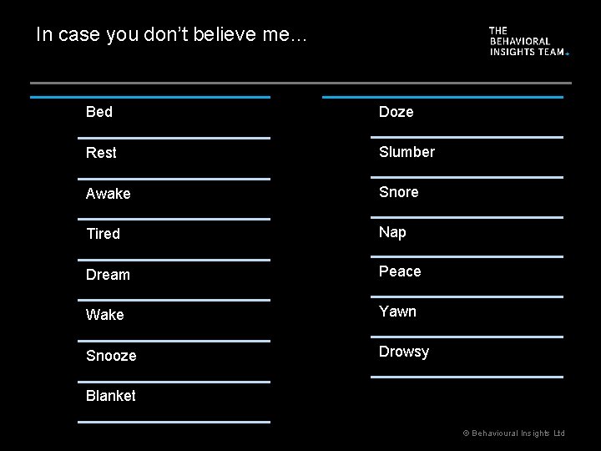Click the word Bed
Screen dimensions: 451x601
(x=99, y=112)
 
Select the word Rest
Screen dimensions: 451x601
(x=101, y=153)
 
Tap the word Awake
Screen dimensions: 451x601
(x=109, y=194)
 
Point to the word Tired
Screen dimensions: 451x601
(x=104, y=234)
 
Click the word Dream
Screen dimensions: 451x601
(x=109, y=275)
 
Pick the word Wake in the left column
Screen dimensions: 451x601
(x=105, y=315)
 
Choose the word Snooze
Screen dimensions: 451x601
(x=111, y=356)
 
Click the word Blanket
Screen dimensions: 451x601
(x=111, y=396)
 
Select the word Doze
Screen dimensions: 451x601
(x=396, y=112)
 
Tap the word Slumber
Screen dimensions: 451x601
(x=407, y=152)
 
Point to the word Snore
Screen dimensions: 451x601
(x=399, y=192)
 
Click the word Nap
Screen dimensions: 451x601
(x=392, y=232)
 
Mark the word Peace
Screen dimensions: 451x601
(x=401, y=271)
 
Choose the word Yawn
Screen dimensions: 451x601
(x=397, y=312)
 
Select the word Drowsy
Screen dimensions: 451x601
(x=404, y=352)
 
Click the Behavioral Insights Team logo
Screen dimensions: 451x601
(x=528, y=41)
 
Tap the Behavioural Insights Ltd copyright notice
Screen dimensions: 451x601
(x=514, y=433)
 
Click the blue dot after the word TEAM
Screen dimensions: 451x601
(x=568, y=53)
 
